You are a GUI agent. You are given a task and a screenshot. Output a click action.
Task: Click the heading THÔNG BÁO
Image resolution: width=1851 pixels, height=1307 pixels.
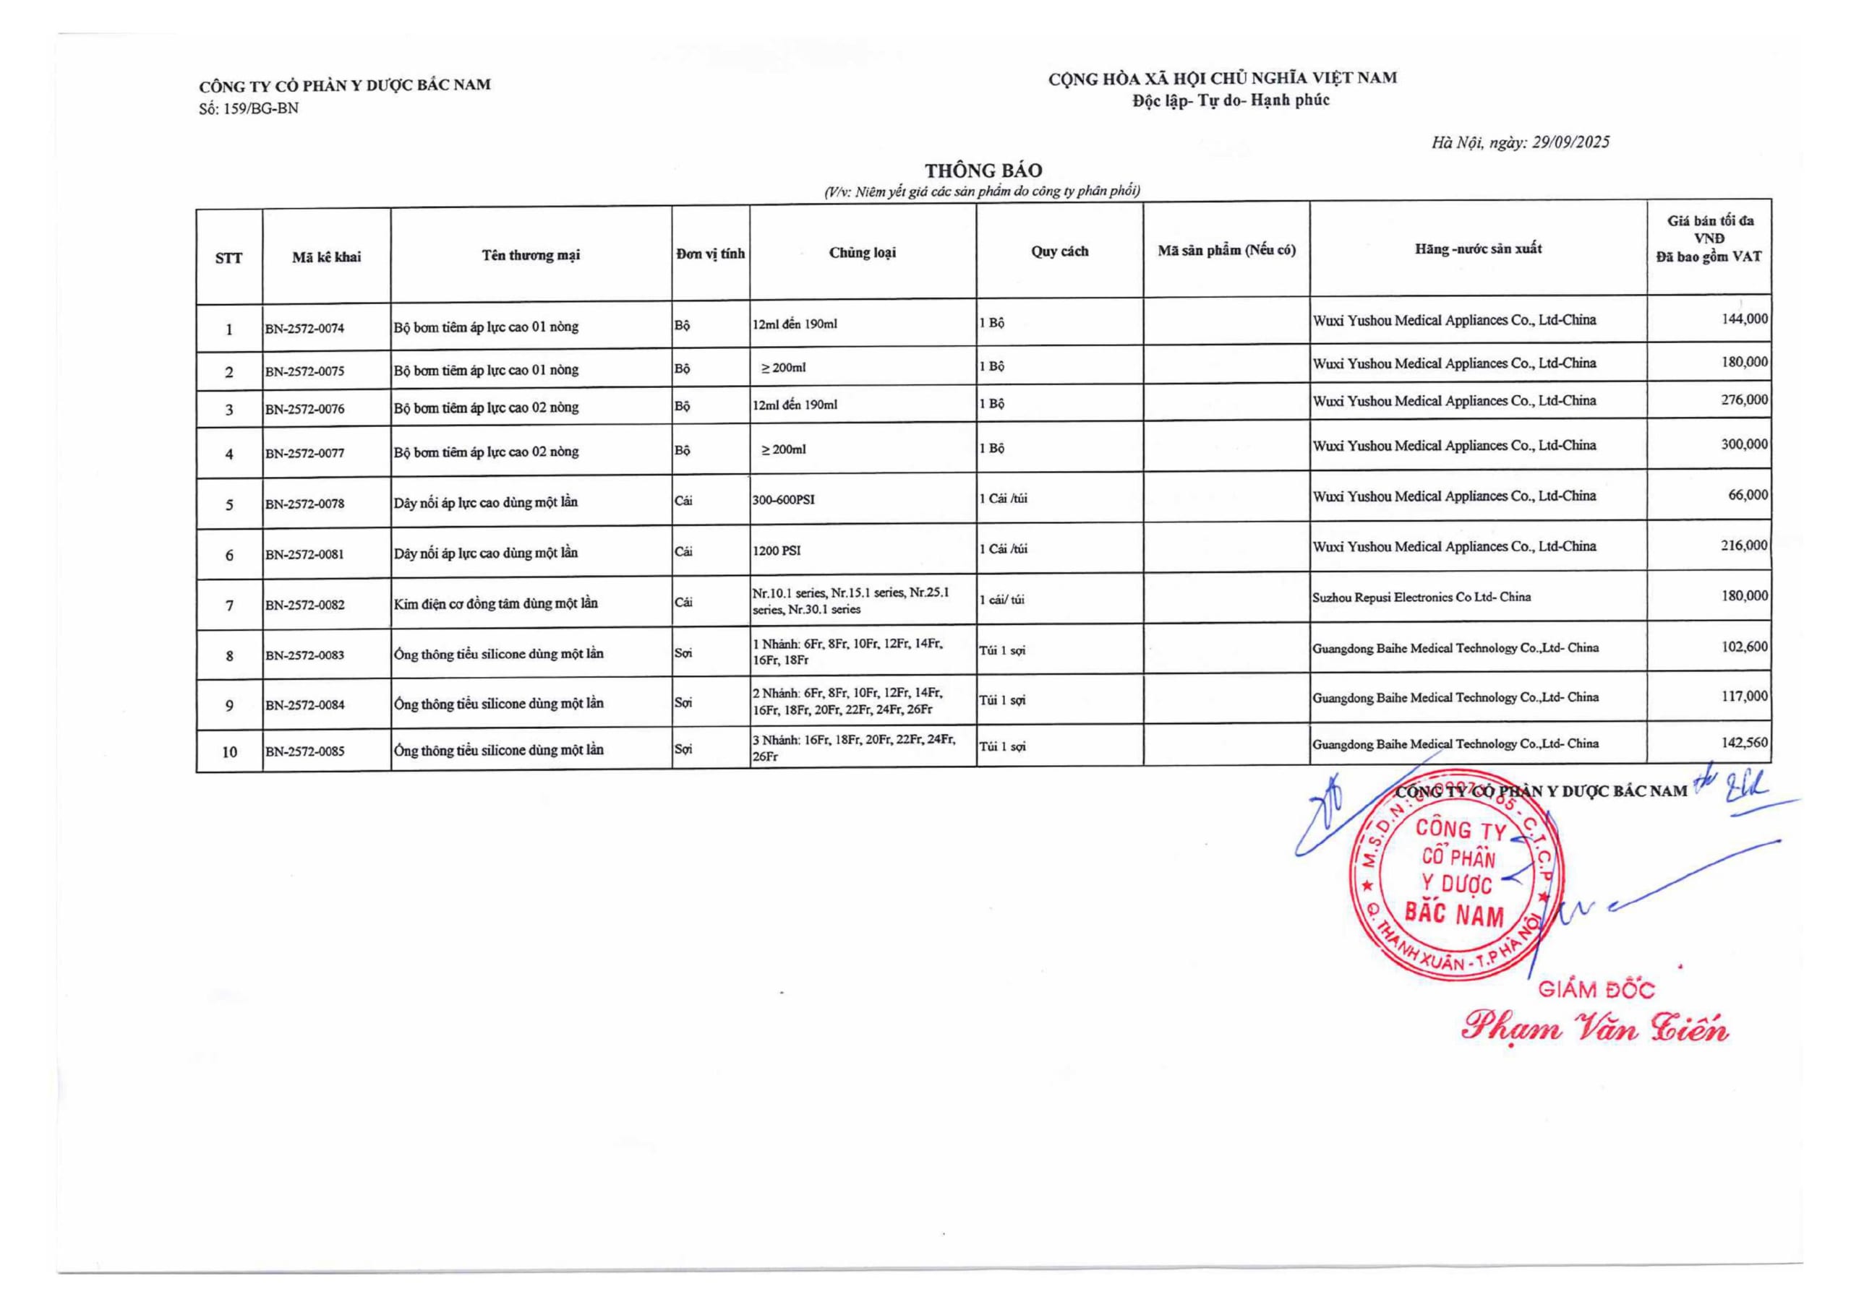tap(983, 171)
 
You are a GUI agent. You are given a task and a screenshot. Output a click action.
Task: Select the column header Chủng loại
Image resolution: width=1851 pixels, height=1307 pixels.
tap(862, 252)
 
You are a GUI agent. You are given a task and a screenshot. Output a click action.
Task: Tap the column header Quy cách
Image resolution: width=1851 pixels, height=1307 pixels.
tap(1059, 251)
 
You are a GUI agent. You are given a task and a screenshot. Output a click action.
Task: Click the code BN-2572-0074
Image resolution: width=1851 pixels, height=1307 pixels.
tap(304, 329)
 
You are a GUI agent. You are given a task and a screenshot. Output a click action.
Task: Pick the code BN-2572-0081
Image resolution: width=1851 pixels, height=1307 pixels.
tap(304, 554)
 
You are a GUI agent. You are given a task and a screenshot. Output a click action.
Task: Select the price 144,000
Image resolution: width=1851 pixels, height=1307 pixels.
tap(1745, 319)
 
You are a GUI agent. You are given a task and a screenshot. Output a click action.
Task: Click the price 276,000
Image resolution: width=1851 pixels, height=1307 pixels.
tap(1745, 400)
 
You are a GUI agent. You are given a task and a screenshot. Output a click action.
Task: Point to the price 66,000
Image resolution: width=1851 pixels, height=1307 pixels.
tap(1748, 495)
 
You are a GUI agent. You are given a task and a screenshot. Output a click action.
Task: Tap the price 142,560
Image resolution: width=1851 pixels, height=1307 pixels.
tap(1745, 742)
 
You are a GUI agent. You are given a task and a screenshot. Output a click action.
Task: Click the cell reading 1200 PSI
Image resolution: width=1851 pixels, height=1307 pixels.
tap(777, 551)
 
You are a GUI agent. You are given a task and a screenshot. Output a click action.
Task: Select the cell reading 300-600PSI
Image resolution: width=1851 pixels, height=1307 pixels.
tap(783, 499)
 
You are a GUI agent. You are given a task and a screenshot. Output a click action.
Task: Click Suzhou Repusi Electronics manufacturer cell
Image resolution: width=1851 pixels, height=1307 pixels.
tap(1422, 597)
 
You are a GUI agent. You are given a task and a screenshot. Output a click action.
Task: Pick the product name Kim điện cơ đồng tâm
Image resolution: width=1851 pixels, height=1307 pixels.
tap(496, 603)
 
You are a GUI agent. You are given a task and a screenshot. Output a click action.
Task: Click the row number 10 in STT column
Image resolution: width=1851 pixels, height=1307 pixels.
tap(230, 752)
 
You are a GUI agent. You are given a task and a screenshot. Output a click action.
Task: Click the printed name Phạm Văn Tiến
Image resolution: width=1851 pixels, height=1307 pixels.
tap(1594, 1028)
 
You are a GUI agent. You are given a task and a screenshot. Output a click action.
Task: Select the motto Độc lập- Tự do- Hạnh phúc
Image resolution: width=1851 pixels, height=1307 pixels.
tap(1230, 100)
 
